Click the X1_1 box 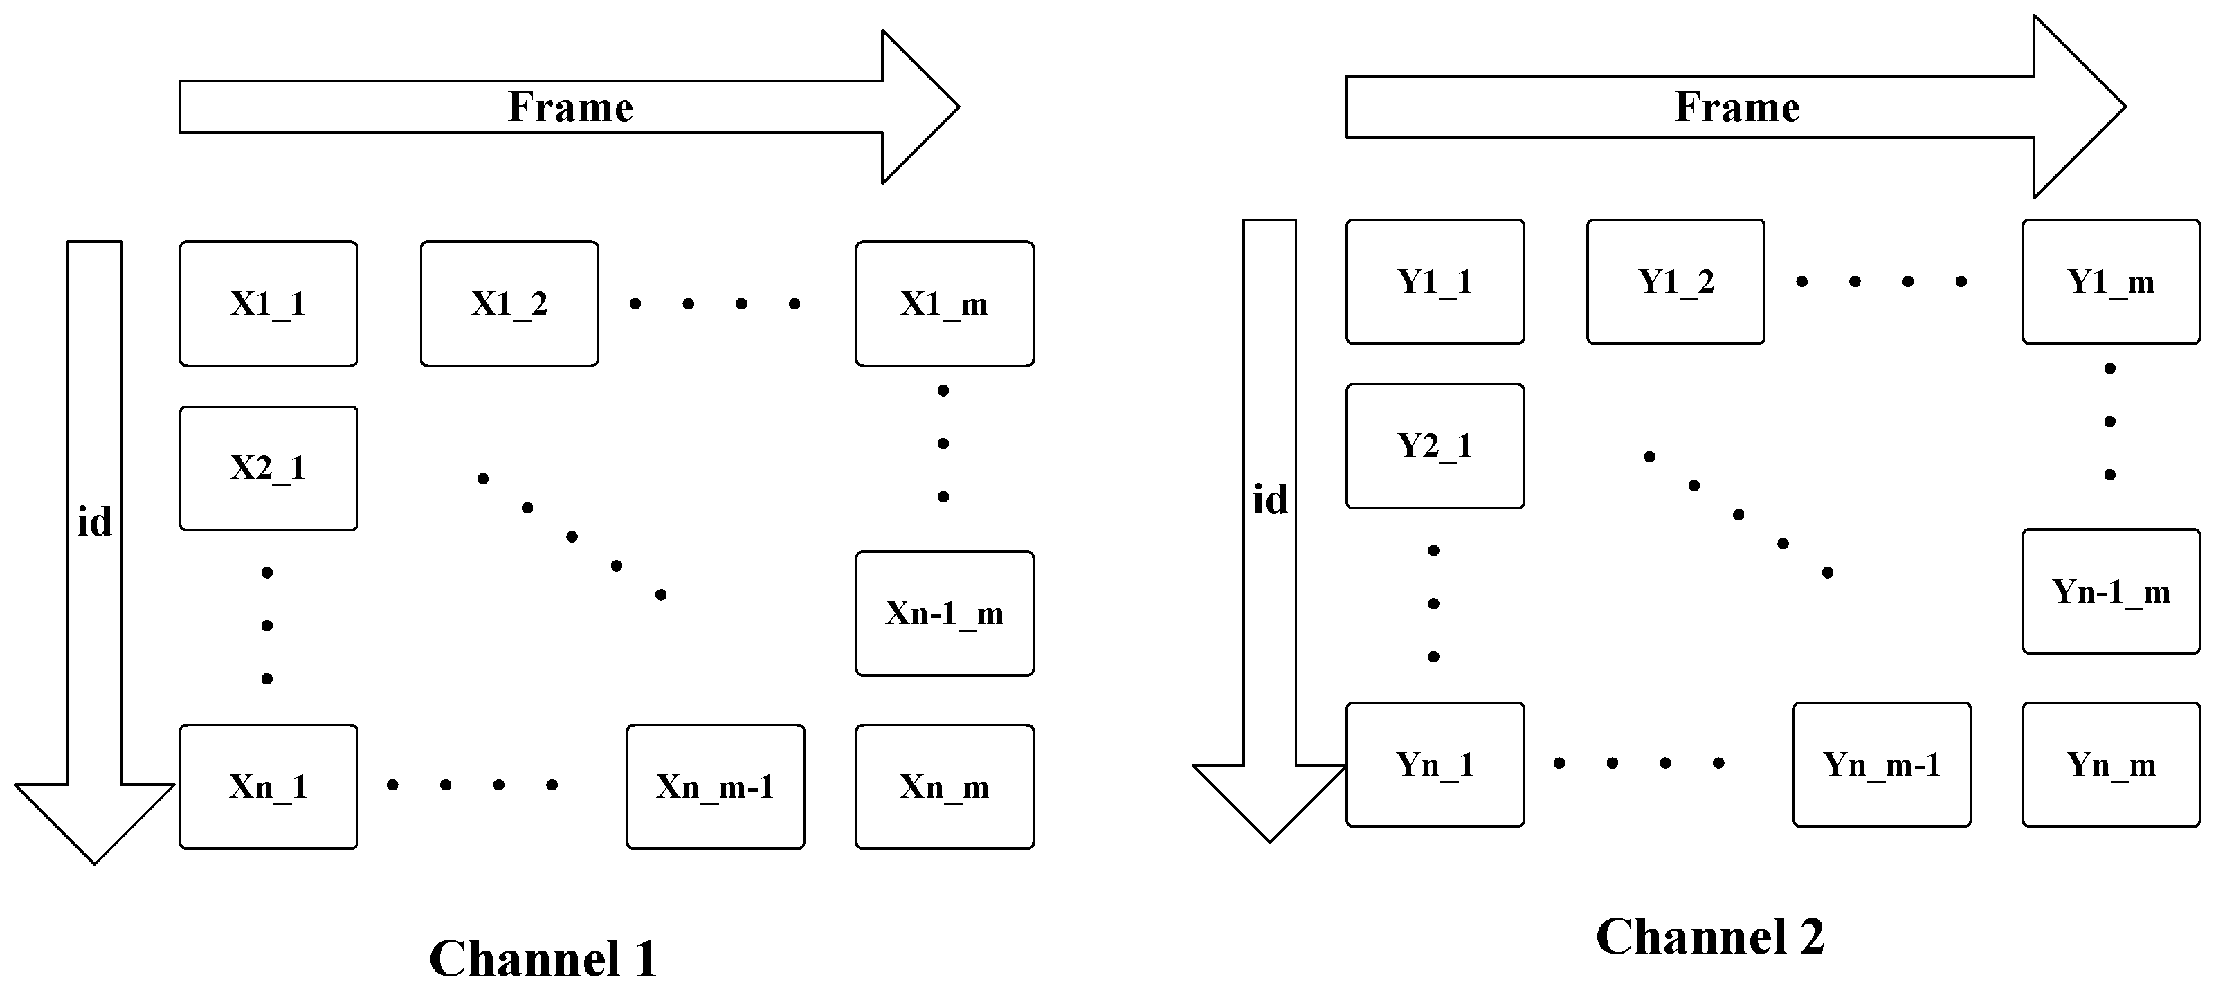coord(268,303)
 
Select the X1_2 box coord(509,303)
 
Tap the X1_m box coord(944,303)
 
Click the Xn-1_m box coord(944,613)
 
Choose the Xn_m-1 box coord(715,786)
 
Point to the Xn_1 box coord(268,786)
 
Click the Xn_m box coord(944,786)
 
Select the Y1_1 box coord(1435,282)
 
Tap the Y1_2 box coord(1675,282)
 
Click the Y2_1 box coord(1435,446)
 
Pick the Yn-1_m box coord(2110,592)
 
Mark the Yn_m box coord(2110,765)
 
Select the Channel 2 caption coord(1709,936)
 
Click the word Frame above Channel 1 coord(570,107)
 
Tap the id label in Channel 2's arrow coord(1270,500)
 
